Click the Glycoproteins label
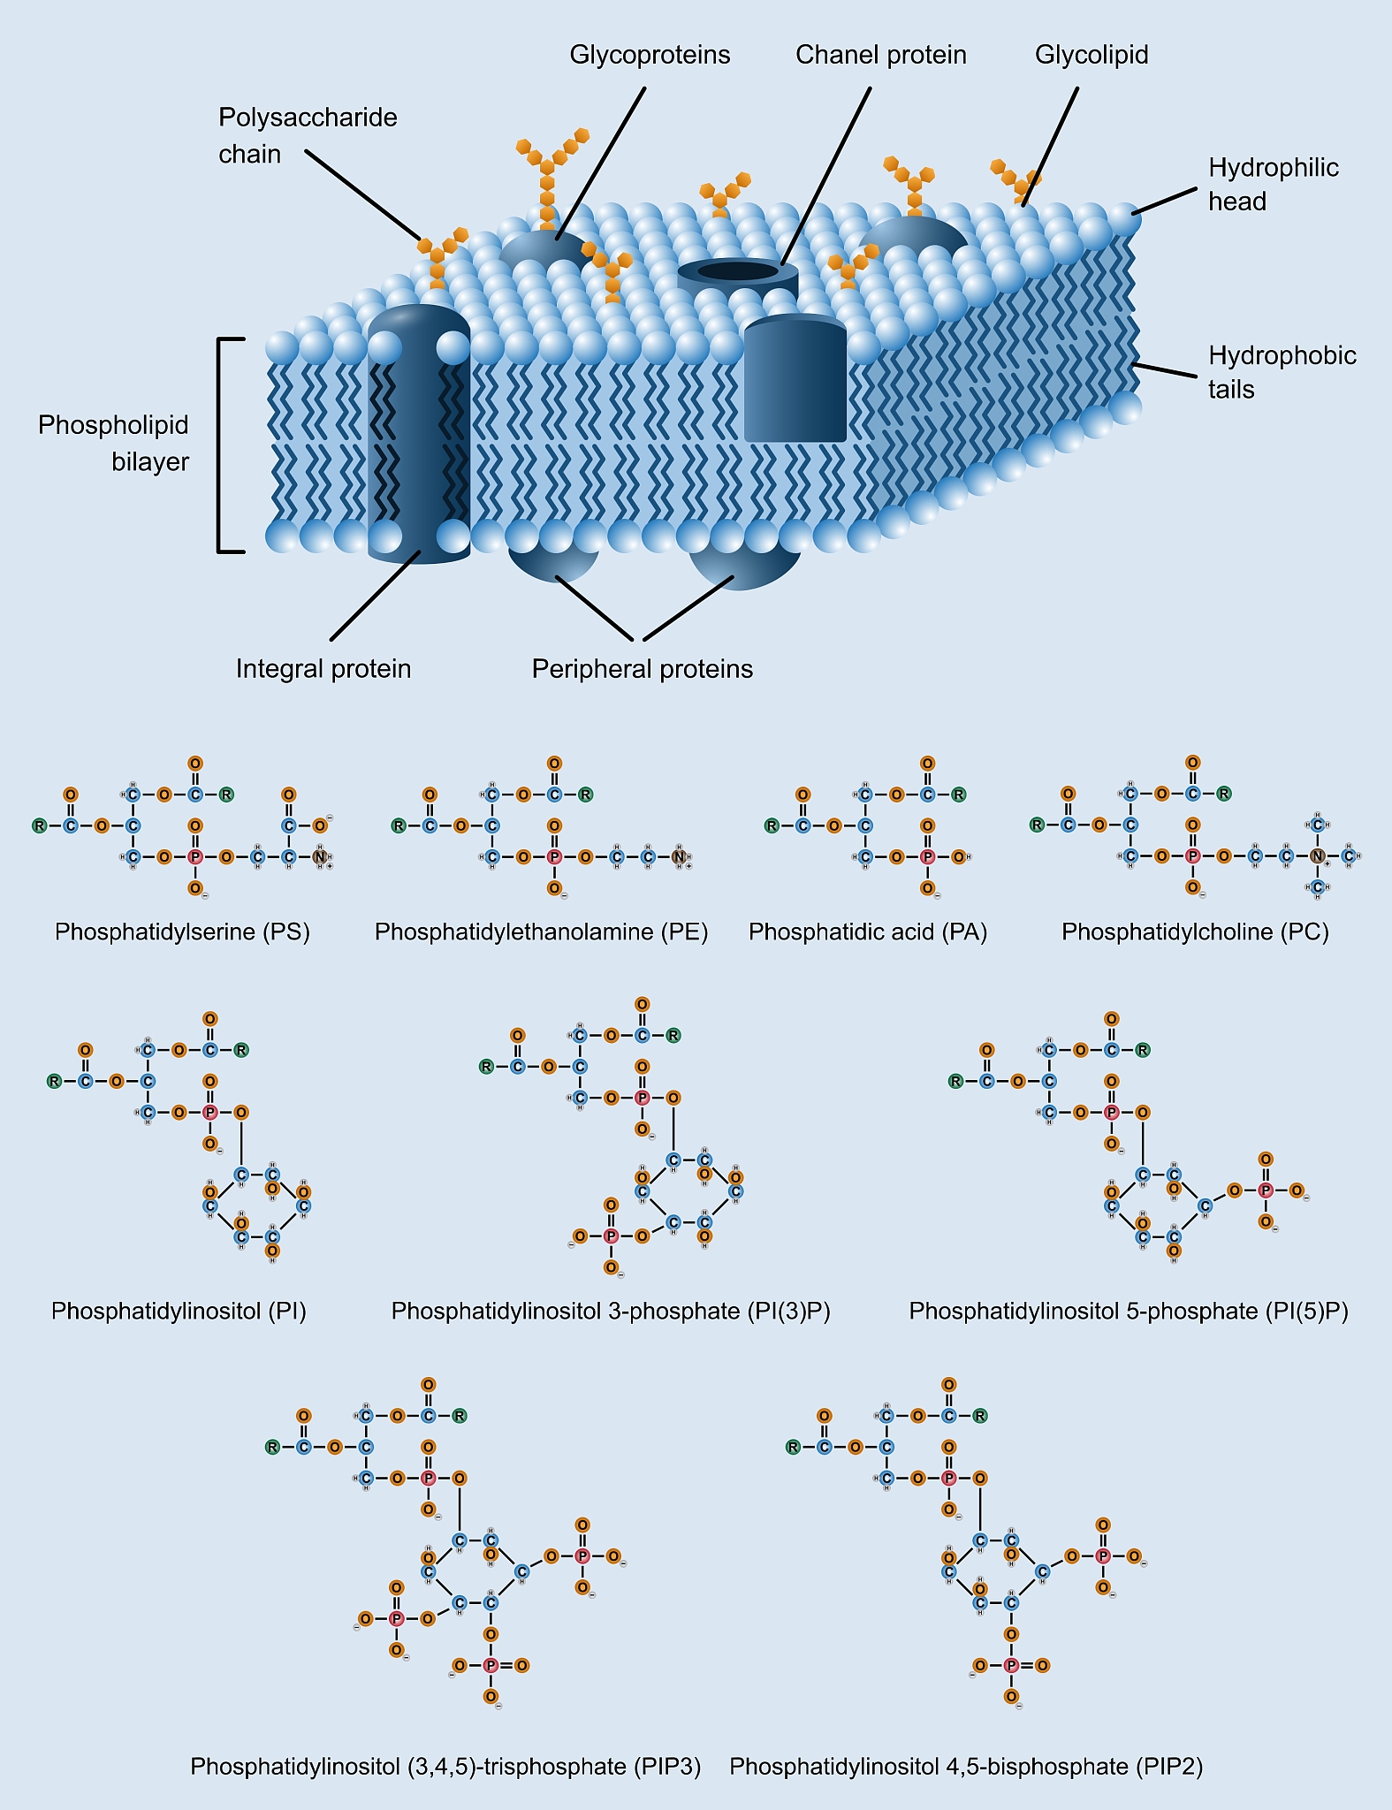[650, 55]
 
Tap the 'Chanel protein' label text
[880, 55]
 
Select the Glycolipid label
[1092, 55]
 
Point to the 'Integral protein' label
[323, 669]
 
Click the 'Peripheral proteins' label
[643, 669]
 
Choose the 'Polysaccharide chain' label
[308, 135]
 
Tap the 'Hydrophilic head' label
[1273, 184]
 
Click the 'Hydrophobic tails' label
[1282, 372]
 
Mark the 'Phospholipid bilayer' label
[113, 443]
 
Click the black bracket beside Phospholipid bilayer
[221, 445]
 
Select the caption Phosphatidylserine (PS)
[182, 932]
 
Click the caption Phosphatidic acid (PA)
[867, 932]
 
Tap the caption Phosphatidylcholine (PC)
[1195, 932]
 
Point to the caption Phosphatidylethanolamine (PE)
[541, 932]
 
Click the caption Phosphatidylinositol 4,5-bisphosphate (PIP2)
[966, 1766]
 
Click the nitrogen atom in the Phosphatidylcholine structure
[1317, 856]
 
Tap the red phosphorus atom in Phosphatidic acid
[927, 856]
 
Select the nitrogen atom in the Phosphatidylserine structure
[320, 856]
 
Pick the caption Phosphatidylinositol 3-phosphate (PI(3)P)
[611, 1311]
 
